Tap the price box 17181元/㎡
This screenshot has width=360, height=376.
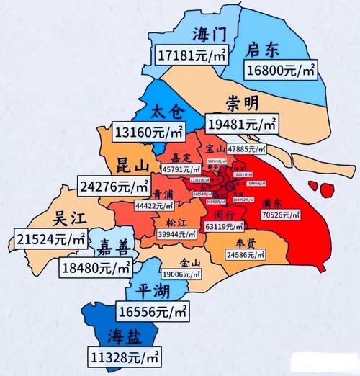pyautogui.click(x=189, y=55)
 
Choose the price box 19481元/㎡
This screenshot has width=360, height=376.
pyautogui.click(x=243, y=125)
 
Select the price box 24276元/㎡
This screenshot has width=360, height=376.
pyautogui.click(x=114, y=186)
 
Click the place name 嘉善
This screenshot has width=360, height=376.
pyautogui.click(x=115, y=249)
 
